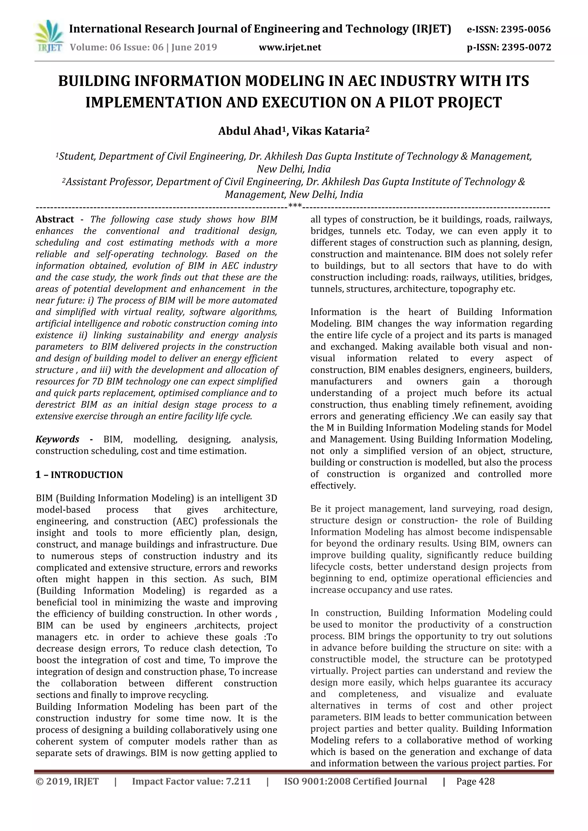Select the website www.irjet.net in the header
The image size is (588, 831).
click(290, 47)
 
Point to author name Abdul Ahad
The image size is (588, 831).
click(249, 131)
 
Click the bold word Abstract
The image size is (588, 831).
click(55, 219)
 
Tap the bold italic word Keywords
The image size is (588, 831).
click(57, 439)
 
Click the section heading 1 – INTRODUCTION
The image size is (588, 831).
click(79, 475)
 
